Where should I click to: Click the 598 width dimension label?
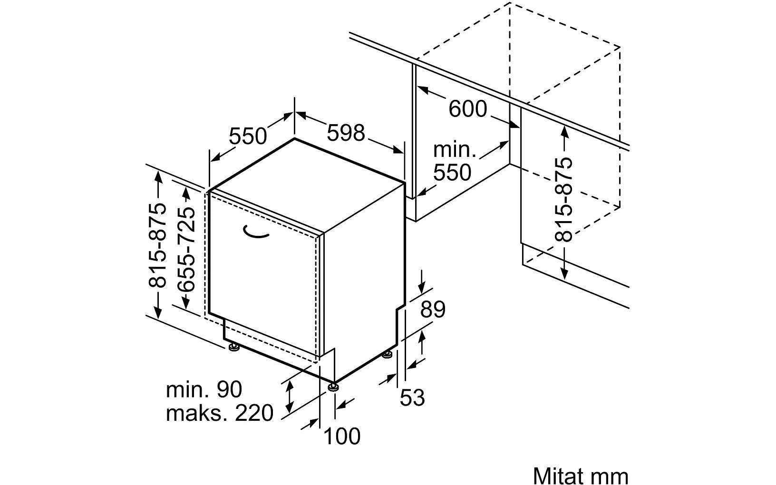tap(346, 133)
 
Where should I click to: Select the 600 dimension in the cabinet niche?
tap(468, 109)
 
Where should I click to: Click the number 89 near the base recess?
tap(433, 310)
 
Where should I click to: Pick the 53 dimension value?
tap(412, 398)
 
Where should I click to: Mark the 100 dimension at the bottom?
tap(342, 436)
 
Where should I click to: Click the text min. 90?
tap(204, 389)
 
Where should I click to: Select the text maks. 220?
tap(220, 413)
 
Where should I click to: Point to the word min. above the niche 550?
tap(454, 150)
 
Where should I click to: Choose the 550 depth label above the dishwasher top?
tap(248, 136)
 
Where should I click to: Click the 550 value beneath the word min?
tap(452, 172)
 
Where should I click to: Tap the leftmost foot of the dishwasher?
tap(233, 349)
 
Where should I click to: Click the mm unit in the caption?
tap(611, 475)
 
